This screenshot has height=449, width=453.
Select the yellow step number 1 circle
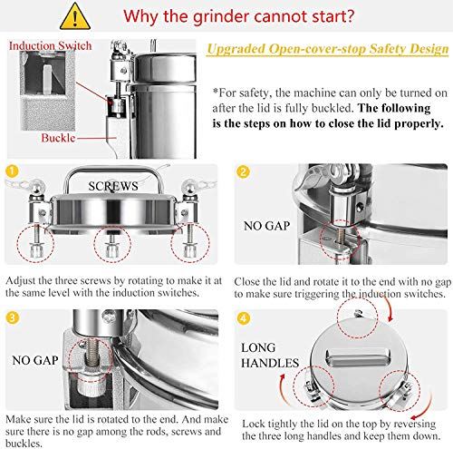tap(12, 171)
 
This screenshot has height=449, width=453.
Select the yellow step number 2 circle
tap(242, 171)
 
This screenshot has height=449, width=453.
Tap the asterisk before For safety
tap(216, 93)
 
